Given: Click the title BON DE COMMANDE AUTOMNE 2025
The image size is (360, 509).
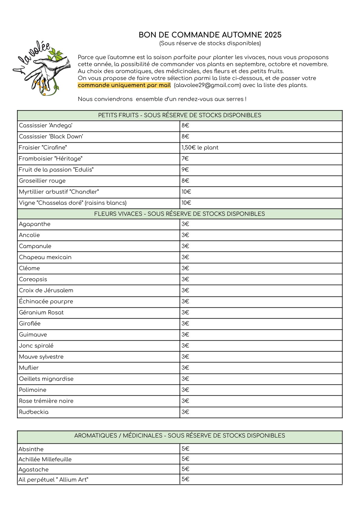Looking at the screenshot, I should point(210,35).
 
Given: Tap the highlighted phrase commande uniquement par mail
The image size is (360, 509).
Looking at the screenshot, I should point(124,85).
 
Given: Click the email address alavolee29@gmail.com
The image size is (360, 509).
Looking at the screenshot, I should point(207,85).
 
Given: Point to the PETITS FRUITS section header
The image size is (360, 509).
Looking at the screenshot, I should point(180,115).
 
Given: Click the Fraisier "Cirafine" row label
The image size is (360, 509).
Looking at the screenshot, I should point(43,148).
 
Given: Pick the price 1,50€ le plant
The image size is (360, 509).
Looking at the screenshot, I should point(200,148).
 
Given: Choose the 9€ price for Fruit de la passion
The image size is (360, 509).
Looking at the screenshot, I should point(185,170).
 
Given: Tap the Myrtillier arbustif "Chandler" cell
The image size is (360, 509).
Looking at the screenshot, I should point(59,192).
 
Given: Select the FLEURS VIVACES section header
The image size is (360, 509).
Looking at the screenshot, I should point(180,214).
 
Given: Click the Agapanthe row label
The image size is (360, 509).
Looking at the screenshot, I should point(35,224).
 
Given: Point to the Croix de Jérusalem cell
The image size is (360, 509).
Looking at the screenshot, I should point(46,290).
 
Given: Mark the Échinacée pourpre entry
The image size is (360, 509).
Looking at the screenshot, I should point(46,301).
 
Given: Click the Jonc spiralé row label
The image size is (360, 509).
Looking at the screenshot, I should point(36,346).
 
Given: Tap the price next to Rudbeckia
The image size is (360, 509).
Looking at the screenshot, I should point(185,412).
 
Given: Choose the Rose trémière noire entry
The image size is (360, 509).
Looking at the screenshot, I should point(46,401).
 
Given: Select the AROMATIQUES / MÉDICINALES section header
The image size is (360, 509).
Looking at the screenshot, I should point(180,436).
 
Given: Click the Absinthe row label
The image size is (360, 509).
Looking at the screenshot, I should point(31,449).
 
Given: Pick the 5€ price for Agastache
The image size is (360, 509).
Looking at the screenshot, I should point(185,469).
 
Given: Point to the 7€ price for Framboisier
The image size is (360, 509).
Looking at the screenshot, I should point(185,159).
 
